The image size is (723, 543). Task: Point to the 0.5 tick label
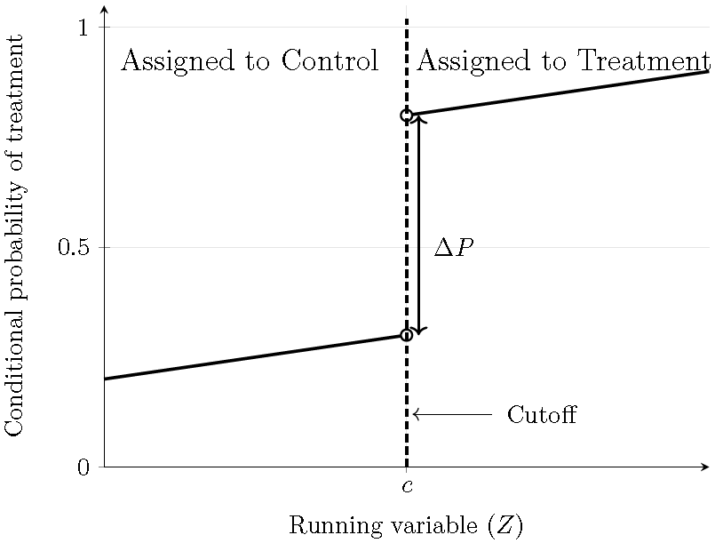click(75, 247)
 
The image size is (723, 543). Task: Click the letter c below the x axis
click(407, 486)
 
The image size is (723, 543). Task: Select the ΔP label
click(453, 248)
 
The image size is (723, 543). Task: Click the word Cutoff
click(541, 415)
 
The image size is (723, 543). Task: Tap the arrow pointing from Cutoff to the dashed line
click(452, 414)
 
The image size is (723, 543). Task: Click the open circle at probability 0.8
click(407, 116)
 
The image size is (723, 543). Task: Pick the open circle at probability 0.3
click(407, 335)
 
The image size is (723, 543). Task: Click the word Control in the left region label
click(330, 61)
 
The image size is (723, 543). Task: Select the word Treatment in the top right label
click(644, 61)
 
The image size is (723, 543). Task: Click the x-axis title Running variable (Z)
click(406, 525)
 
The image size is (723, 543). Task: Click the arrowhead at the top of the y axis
click(105, 10)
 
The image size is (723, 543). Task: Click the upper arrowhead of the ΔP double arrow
click(419, 119)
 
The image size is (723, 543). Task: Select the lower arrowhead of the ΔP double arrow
click(419, 331)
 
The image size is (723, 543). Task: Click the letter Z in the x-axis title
click(504, 525)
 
